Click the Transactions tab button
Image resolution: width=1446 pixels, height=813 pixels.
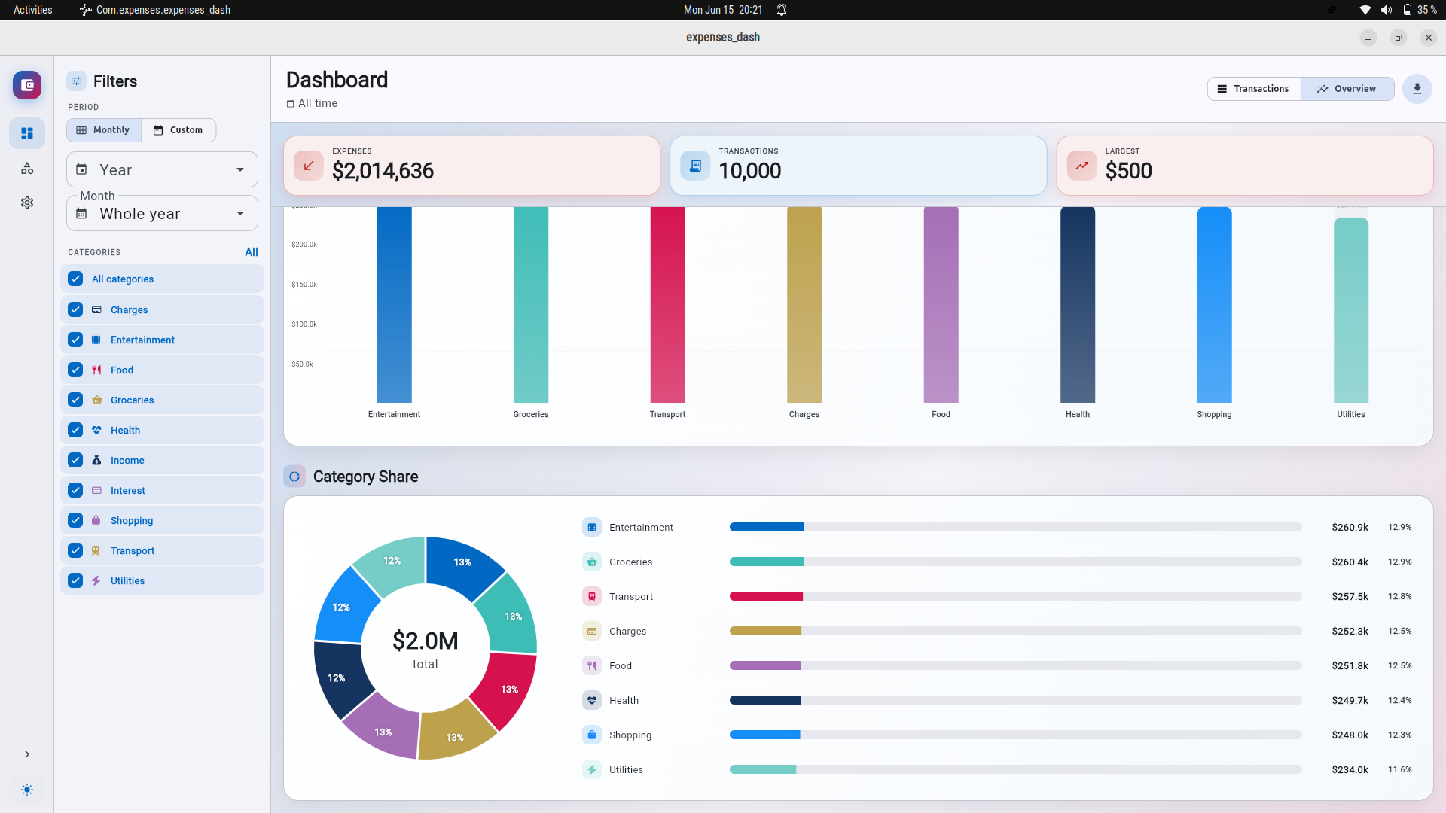[1254, 89]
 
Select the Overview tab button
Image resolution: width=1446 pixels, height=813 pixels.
[1347, 89]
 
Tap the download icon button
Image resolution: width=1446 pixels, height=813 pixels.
[1417, 89]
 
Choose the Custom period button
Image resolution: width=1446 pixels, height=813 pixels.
[178, 130]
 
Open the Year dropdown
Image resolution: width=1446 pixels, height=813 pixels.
[162, 170]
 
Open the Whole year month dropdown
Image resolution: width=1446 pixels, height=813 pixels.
[162, 214]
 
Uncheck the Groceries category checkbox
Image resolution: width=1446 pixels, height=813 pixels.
[75, 400]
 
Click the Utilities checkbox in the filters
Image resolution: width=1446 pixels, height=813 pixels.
[75, 580]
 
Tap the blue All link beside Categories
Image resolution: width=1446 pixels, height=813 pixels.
[252, 252]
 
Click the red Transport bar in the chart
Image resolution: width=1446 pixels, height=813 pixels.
[667, 305]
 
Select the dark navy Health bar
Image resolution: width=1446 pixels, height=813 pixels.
[1078, 305]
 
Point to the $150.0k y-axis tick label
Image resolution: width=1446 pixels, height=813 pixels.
[304, 285]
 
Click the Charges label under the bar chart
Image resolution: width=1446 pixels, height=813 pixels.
[804, 414]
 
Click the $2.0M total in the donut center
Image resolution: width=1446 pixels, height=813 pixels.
[426, 641]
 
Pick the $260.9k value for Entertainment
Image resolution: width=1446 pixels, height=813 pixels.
[1350, 527]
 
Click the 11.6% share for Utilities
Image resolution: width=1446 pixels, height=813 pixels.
[1400, 769]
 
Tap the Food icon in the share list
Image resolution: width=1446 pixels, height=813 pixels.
[592, 665]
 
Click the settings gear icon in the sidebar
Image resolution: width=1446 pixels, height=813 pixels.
[27, 202]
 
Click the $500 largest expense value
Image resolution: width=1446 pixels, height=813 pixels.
[1128, 171]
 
